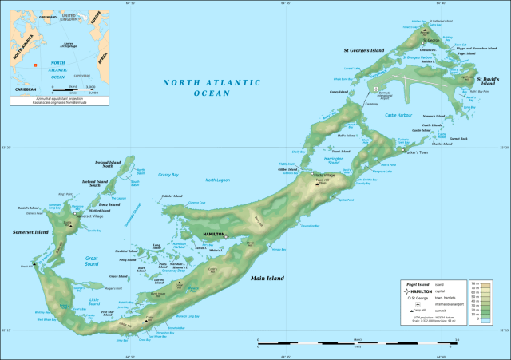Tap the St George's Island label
pos(364,50)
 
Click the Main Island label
pos(270,279)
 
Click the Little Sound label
pos(95,302)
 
